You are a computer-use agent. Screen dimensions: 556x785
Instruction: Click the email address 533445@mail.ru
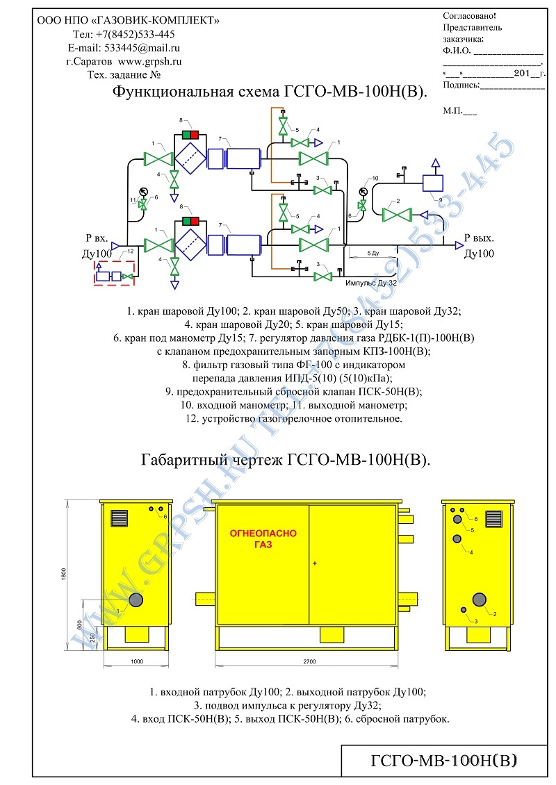(x=142, y=48)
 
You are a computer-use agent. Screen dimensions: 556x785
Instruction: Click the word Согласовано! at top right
(x=469, y=16)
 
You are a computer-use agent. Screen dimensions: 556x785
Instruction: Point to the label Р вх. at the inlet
(x=97, y=238)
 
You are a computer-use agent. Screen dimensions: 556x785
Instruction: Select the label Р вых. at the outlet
(x=479, y=238)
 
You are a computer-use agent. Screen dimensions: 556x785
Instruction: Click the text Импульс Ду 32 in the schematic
(x=371, y=283)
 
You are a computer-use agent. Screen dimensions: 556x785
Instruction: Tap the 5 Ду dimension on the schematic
(x=373, y=254)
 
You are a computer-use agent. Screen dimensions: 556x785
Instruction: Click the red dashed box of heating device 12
(x=114, y=273)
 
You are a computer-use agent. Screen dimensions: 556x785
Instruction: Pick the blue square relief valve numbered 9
(x=433, y=182)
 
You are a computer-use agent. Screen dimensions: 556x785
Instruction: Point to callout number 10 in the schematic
(x=375, y=179)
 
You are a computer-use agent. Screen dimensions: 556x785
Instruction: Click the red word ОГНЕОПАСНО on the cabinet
(x=263, y=534)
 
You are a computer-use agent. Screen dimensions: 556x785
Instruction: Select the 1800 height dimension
(x=64, y=575)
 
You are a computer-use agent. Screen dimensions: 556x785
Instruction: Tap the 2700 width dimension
(x=309, y=661)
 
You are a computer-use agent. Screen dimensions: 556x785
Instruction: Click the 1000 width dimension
(x=137, y=661)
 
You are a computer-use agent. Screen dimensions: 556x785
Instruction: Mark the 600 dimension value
(x=79, y=625)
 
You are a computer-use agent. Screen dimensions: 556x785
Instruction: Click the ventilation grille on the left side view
(x=120, y=518)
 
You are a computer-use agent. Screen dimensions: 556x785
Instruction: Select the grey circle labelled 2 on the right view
(x=480, y=600)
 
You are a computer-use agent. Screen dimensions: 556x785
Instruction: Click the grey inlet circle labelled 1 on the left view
(x=136, y=600)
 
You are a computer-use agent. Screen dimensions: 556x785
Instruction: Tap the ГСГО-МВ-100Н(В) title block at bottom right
(x=444, y=761)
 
